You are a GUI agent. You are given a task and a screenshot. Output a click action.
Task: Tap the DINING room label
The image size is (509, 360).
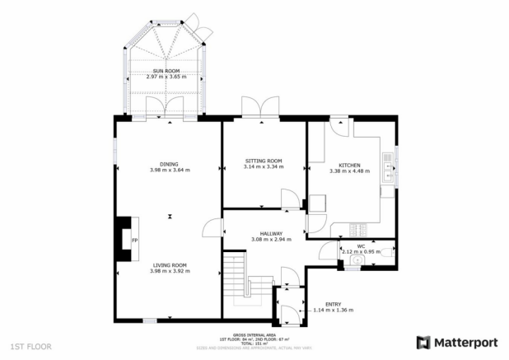(x=170, y=164)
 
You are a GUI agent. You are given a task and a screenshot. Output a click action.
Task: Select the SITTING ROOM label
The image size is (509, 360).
(x=263, y=161)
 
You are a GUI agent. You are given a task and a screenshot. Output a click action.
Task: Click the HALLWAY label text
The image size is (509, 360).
(x=266, y=233)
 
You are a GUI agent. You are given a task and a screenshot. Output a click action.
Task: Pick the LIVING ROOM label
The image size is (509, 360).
(x=170, y=265)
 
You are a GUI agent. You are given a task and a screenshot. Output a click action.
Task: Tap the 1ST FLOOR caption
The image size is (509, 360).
(x=30, y=347)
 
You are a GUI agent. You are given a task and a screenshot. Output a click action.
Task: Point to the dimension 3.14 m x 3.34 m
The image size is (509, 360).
(x=263, y=166)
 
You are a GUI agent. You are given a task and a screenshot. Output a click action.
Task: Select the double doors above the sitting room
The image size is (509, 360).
(x=254, y=107)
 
